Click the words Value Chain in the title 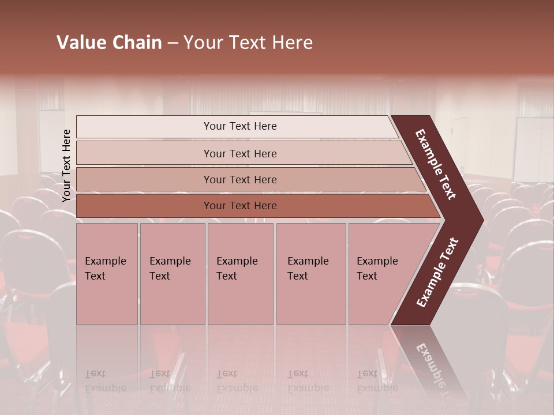tap(109, 43)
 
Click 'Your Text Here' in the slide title tap(248, 43)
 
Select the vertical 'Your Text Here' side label tap(66, 165)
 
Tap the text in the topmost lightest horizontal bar tap(240, 126)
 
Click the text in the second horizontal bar tap(240, 154)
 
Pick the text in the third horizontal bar tap(240, 180)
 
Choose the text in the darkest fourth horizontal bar tap(240, 206)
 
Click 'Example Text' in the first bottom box tap(105, 269)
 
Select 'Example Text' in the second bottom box tap(170, 269)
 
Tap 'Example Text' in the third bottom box tap(237, 269)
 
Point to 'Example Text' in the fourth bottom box tap(308, 269)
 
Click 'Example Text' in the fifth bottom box tap(377, 269)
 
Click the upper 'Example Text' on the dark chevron tap(436, 164)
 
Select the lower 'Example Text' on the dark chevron tap(437, 273)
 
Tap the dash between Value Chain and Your tap(173, 43)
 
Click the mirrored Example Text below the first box tap(105, 381)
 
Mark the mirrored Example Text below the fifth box tap(377, 381)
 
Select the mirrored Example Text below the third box tap(237, 381)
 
